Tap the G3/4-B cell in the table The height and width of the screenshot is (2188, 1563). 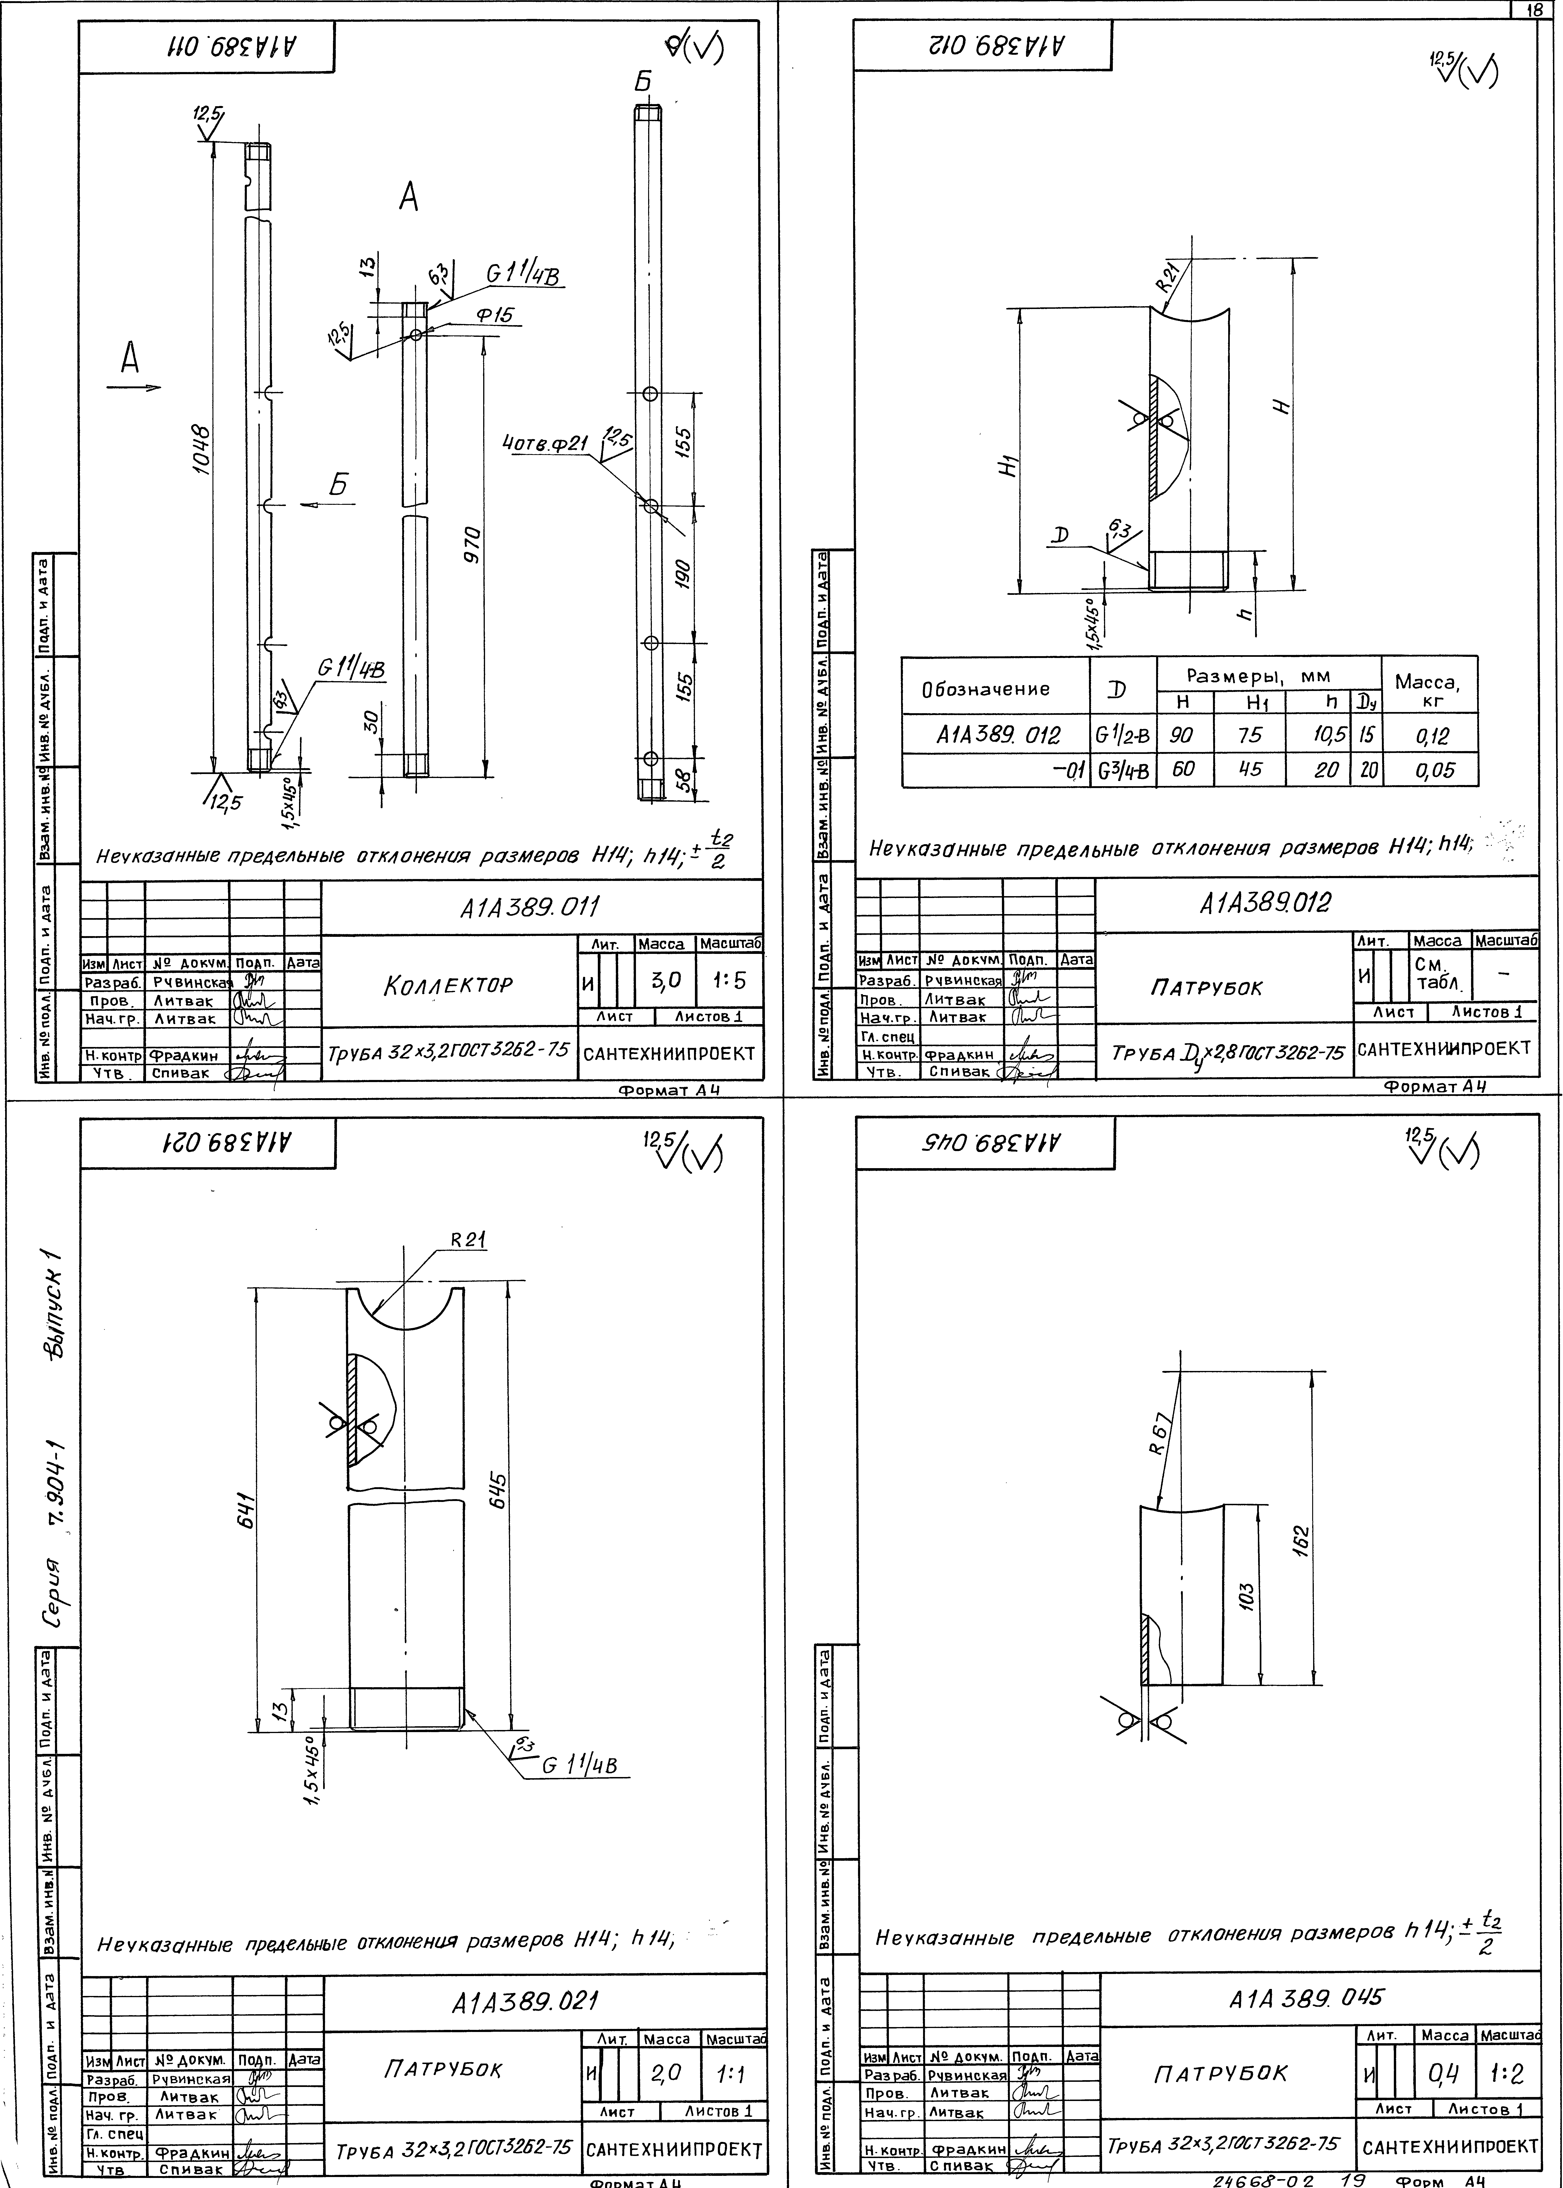pos(1122,770)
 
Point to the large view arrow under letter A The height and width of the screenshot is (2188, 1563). pos(133,388)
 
